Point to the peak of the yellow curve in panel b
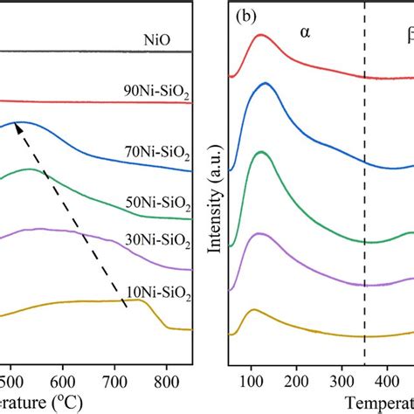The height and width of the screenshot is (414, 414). (254, 310)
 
